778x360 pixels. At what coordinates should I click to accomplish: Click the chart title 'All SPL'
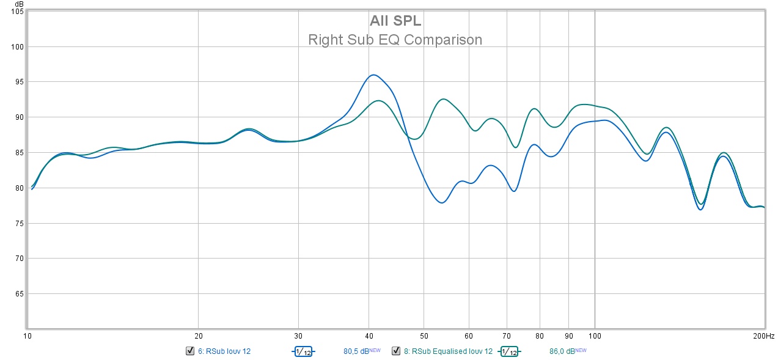[x=395, y=21]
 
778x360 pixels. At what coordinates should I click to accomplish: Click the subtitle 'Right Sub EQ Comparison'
[x=395, y=40]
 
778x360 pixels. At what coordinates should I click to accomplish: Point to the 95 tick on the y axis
[x=17, y=82]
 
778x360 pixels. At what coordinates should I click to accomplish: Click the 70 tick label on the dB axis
[x=17, y=259]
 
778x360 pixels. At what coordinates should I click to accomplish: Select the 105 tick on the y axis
[x=16, y=12]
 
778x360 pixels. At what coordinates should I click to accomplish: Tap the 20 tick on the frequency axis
[x=198, y=336]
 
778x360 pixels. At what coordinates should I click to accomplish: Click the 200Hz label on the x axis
[x=763, y=336]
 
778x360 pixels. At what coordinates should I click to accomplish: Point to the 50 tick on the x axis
[x=423, y=336]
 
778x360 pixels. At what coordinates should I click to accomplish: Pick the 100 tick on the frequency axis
[x=595, y=336]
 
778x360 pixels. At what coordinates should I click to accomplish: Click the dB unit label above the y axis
[x=19, y=4]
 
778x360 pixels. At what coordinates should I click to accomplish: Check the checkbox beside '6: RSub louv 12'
[x=189, y=351]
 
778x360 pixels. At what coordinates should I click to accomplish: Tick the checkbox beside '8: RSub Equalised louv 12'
[x=396, y=351]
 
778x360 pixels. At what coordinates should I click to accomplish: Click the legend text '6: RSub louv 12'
[x=224, y=351]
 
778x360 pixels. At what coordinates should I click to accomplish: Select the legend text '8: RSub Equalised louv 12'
[x=448, y=351]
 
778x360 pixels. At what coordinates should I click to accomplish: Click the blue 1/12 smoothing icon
[x=303, y=351]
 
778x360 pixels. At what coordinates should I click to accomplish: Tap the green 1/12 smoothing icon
[x=510, y=351]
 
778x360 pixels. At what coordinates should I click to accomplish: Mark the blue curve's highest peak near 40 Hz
[x=373, y=75]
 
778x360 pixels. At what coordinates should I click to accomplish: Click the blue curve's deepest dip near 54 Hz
[x=441, y=203]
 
